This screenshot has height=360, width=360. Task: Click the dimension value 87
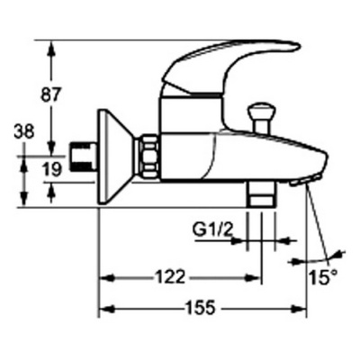tap(50, 94)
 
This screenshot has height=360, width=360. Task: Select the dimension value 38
tap(24, 131)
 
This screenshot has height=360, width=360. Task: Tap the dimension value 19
tap(51, 169)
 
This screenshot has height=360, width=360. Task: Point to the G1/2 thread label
tap(212, 230)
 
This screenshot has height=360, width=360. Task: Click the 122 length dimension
tap(170, 276)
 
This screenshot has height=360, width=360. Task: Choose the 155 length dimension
tap(201, 308)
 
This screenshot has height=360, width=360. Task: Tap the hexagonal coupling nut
tap(149, 157)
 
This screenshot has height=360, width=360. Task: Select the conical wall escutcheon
tap(116, 157)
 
